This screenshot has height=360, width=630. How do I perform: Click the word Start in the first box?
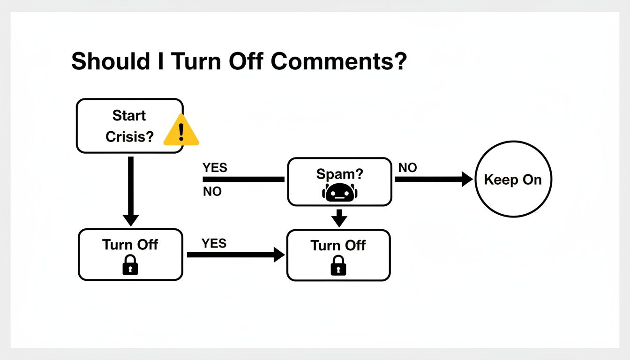129,115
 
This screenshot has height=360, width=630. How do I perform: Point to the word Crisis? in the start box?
129,136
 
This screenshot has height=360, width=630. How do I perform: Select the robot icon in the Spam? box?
339,193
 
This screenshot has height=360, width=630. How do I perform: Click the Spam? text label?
339,174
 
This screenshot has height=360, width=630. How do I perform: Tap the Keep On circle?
513,179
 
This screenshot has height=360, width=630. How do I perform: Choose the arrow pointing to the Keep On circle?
434,179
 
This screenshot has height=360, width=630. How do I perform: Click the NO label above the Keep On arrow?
407,168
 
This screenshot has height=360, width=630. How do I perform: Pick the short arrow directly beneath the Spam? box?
339,217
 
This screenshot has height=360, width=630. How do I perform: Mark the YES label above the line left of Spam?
215,168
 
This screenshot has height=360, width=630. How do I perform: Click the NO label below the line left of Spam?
212,191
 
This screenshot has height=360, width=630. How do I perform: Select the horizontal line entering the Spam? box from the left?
243,179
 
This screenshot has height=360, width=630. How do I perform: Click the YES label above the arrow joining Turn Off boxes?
214,243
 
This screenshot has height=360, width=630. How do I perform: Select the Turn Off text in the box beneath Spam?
338,245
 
